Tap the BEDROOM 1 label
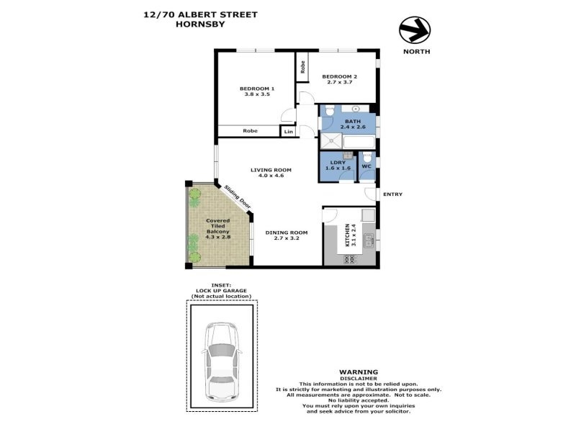click(257, 89)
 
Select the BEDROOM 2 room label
click(339, 77)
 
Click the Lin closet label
click(289, 132)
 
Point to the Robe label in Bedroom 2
click(302, 67)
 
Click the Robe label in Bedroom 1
click(250, 131)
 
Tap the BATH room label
click(353, 121)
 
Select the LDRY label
click(338, 163)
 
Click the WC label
click(366, 166)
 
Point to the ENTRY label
click(392, 194)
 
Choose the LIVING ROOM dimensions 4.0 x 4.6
click(271, 176)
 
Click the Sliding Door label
click(238, 197)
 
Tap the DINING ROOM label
click(287, 233)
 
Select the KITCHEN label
click(348, 235)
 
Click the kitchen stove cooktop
click(349, 260)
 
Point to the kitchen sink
click(369, 240)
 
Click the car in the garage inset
click(222, 362)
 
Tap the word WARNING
click(359, 372)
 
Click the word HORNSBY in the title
click(200, 24)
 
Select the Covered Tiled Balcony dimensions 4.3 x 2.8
click(218, 238)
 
